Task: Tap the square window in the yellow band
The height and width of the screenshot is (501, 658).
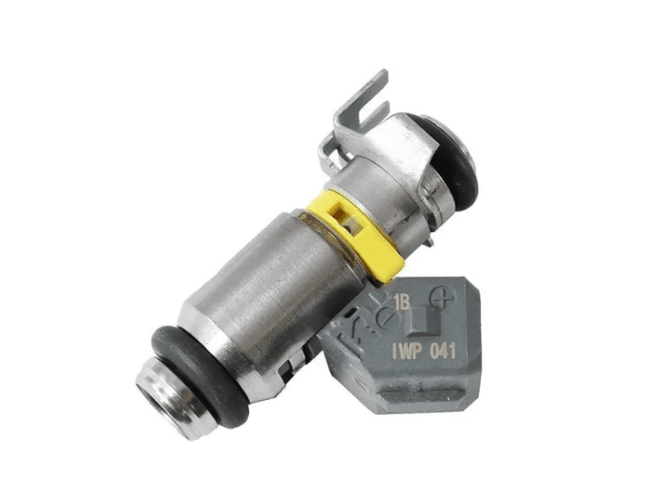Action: coord(345,217)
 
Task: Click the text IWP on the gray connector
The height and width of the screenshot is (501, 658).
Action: coord(406,351)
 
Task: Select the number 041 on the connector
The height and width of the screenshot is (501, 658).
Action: coord(443,351)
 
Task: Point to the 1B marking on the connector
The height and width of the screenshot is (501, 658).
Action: coord(401,302)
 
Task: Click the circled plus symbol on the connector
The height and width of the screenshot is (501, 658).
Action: coord(442,297)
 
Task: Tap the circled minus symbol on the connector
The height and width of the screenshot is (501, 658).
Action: coord(385,317)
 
